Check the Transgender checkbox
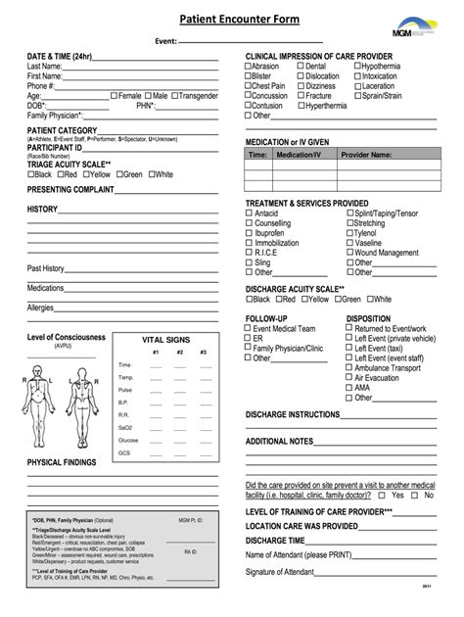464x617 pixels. click(x=176, y=96)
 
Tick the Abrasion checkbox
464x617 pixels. click(x=249, y=67)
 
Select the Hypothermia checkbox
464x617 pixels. click(x=358, y=67)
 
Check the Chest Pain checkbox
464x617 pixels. click(x=249, y=86)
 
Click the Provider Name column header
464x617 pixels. click(x=367, y=154)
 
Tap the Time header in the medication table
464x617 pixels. click(x=257, y=154)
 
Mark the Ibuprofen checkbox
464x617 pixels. click(x=249, y=233)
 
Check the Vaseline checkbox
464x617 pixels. click(x=349, y=243)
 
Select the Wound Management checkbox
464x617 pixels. click(x=349, y=253)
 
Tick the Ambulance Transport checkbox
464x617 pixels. click(x=349, y=367)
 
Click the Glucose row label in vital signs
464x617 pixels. click(x=128, y=440)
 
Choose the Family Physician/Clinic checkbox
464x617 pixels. click(x=249, y=348)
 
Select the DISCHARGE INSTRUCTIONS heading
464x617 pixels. click(x=295, y=415)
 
